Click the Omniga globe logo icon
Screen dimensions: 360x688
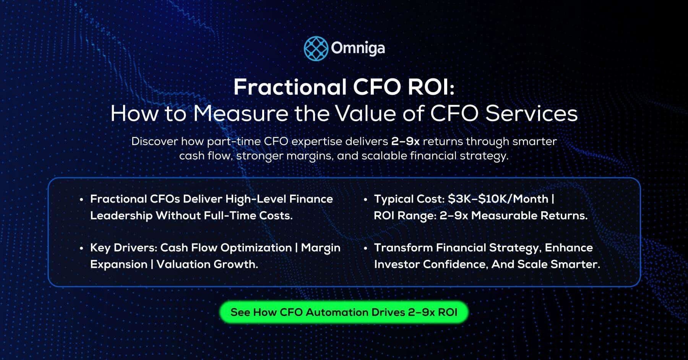[316, 49]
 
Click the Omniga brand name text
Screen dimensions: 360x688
[358, 49]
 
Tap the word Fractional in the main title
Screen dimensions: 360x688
[289, 87]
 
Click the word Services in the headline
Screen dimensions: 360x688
[531, 114]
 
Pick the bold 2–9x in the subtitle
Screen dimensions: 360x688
[405, 141]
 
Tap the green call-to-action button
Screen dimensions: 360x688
[344, 312]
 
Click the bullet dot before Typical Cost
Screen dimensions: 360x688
[365, 199]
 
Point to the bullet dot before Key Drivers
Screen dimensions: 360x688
[81, 248]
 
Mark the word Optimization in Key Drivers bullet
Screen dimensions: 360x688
[256, 248]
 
